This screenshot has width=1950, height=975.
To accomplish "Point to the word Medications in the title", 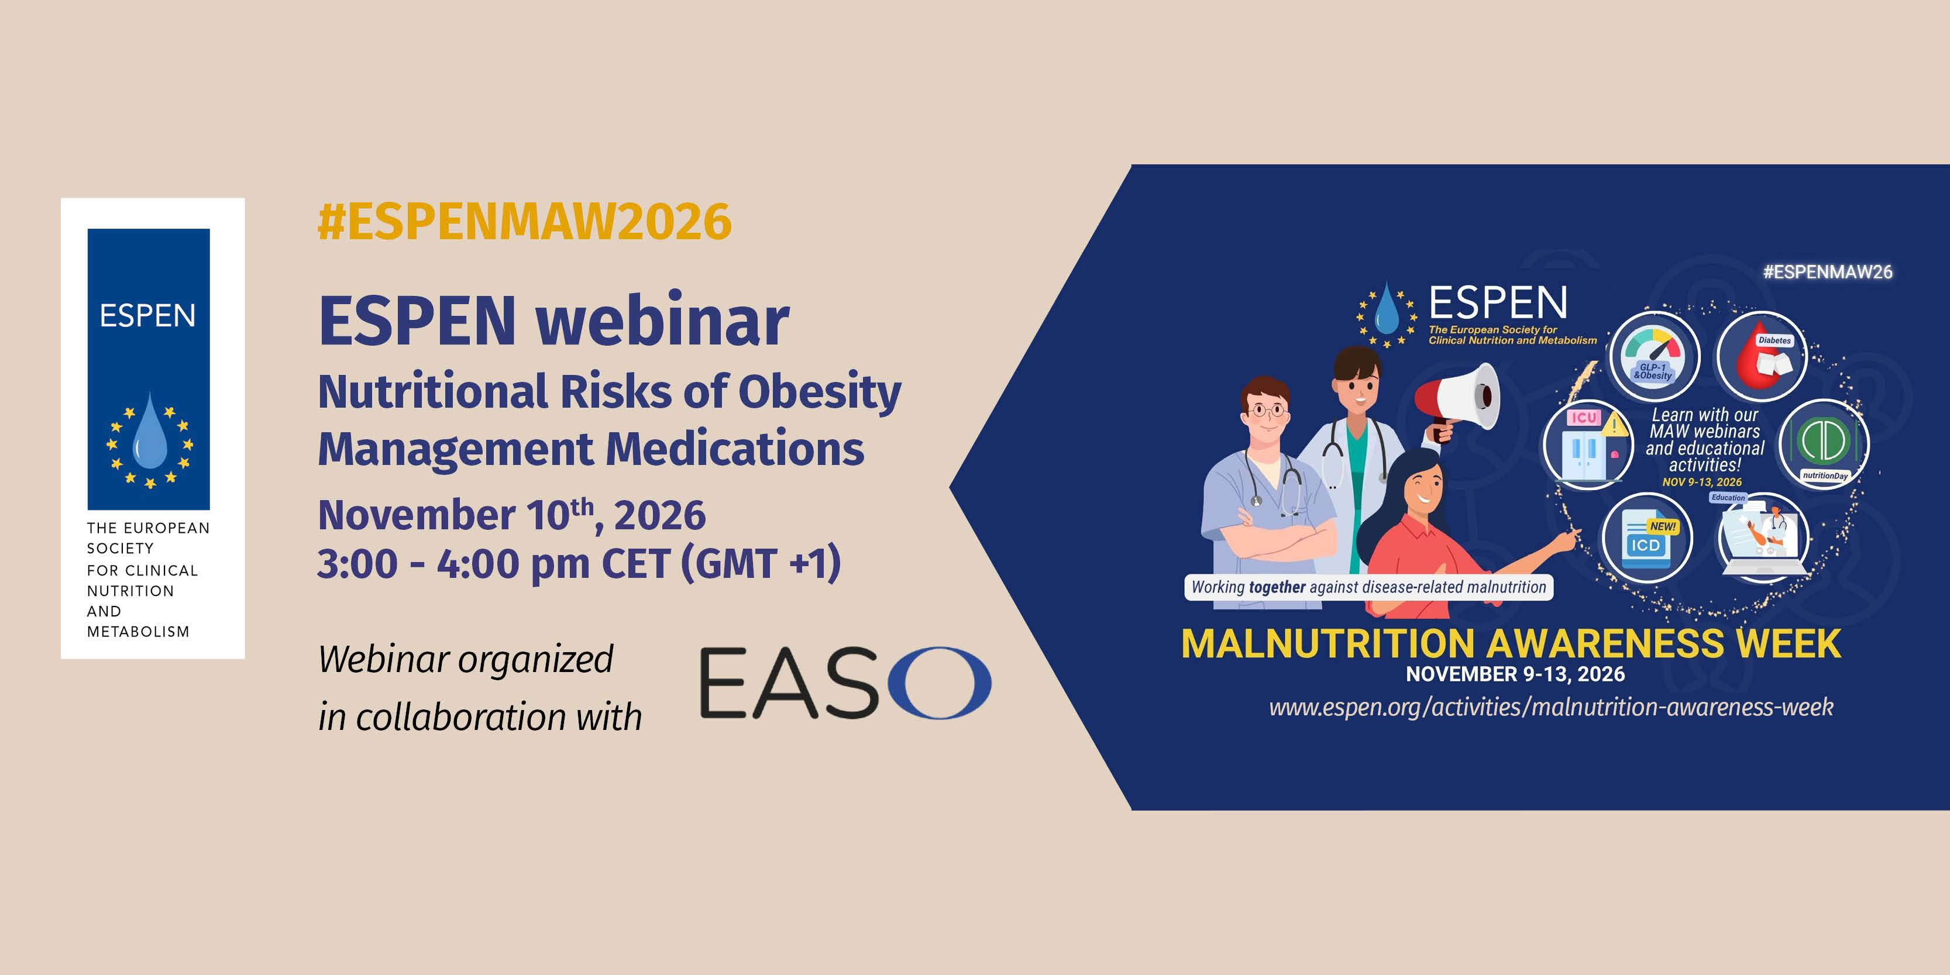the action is (735, 448).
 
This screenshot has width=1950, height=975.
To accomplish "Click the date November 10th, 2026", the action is (512, 515).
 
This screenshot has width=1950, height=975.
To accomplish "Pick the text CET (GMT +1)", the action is (721, 564).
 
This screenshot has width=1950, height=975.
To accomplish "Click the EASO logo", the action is (845, 683).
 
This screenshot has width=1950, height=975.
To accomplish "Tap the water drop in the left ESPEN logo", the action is (150, 432).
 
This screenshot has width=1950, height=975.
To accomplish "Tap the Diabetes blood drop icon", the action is (1762, 357).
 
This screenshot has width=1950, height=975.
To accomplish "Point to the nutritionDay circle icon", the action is (1824, 445).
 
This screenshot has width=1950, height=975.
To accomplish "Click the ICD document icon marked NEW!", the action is (1648, 538).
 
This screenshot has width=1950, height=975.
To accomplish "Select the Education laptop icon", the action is (1765, 538).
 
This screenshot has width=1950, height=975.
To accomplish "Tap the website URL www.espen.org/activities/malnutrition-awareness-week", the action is (1551, 707).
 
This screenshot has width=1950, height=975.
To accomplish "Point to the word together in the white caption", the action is (1277, 587).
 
